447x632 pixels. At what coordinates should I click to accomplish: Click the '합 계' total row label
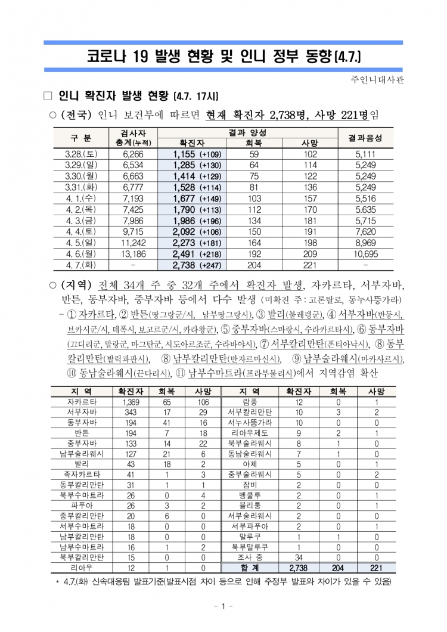250,568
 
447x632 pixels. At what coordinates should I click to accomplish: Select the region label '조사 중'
250,557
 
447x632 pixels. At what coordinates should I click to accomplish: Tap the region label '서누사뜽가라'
250,422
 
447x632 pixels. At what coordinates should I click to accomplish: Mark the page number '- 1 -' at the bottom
223,606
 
